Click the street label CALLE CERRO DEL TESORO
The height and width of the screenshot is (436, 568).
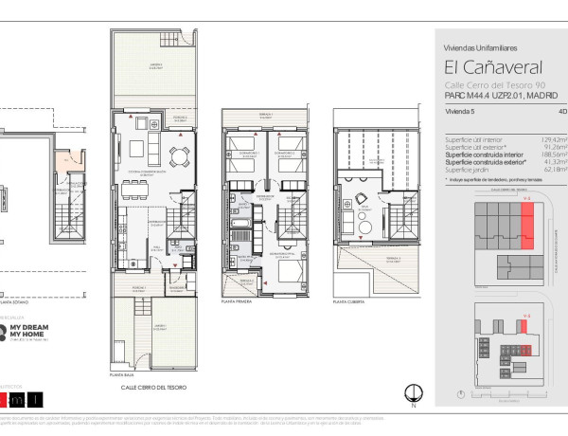tap(152, 388)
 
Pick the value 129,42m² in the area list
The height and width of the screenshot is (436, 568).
tap(541, 139)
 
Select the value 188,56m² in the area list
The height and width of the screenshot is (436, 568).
tap(541, 154)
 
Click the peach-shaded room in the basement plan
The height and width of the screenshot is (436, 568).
tap(62, 162)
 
